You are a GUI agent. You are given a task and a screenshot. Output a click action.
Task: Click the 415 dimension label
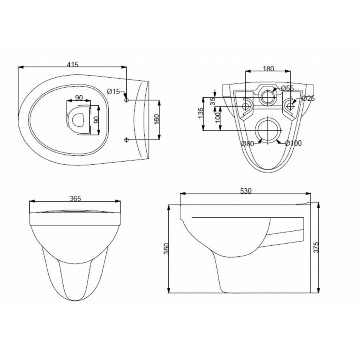tap(72, 64)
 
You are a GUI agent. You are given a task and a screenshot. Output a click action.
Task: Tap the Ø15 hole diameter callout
tap(114, 92)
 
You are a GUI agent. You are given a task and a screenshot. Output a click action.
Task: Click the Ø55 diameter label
tap(287, 88)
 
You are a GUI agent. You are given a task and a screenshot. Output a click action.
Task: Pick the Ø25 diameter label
tap(308, 98)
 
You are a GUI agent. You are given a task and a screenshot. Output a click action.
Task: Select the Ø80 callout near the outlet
tap(248, 144)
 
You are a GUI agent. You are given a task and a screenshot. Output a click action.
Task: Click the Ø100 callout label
tap(294, 143)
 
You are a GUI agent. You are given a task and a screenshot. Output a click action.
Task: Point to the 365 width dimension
tap(75, 198)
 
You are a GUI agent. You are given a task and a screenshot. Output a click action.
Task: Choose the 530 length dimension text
tap(246, 191)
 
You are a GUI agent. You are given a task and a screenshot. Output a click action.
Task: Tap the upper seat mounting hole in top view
tap(127, 98)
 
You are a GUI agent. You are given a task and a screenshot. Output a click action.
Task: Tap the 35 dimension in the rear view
tap(213, 101)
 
